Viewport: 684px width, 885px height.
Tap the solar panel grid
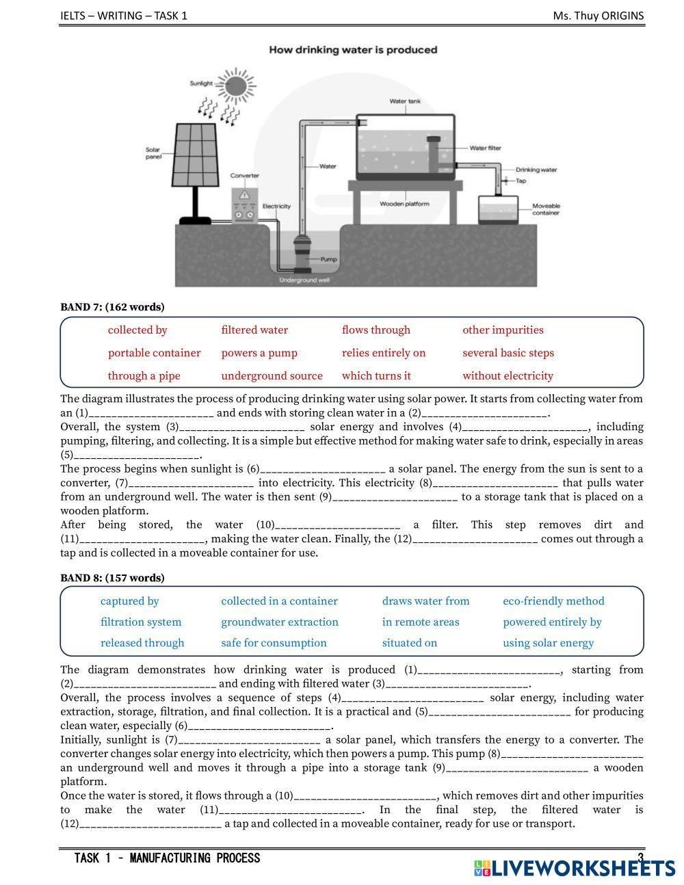pos(196,155)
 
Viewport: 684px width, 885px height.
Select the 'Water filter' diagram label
pos(485,148)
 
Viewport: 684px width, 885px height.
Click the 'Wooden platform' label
pos(404,204)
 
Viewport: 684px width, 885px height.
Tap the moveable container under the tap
pos(497,211)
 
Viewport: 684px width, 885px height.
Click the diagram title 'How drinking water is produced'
pos(352,50)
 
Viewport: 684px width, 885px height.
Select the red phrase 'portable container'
pos(154,353)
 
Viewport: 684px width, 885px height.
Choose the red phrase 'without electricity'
pos(508,375)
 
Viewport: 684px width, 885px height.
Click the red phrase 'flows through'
pos(376,330)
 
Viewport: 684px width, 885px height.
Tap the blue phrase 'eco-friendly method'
pos(553,601)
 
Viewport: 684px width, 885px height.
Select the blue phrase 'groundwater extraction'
pos(279,622)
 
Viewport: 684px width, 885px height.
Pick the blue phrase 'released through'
pos(142,643)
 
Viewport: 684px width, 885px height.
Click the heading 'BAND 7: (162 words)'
pos(112,306)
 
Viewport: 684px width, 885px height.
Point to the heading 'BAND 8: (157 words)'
pos(112,578)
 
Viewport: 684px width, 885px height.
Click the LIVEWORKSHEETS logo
pos(575,868)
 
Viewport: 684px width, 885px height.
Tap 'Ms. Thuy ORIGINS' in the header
pos(598,16)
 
